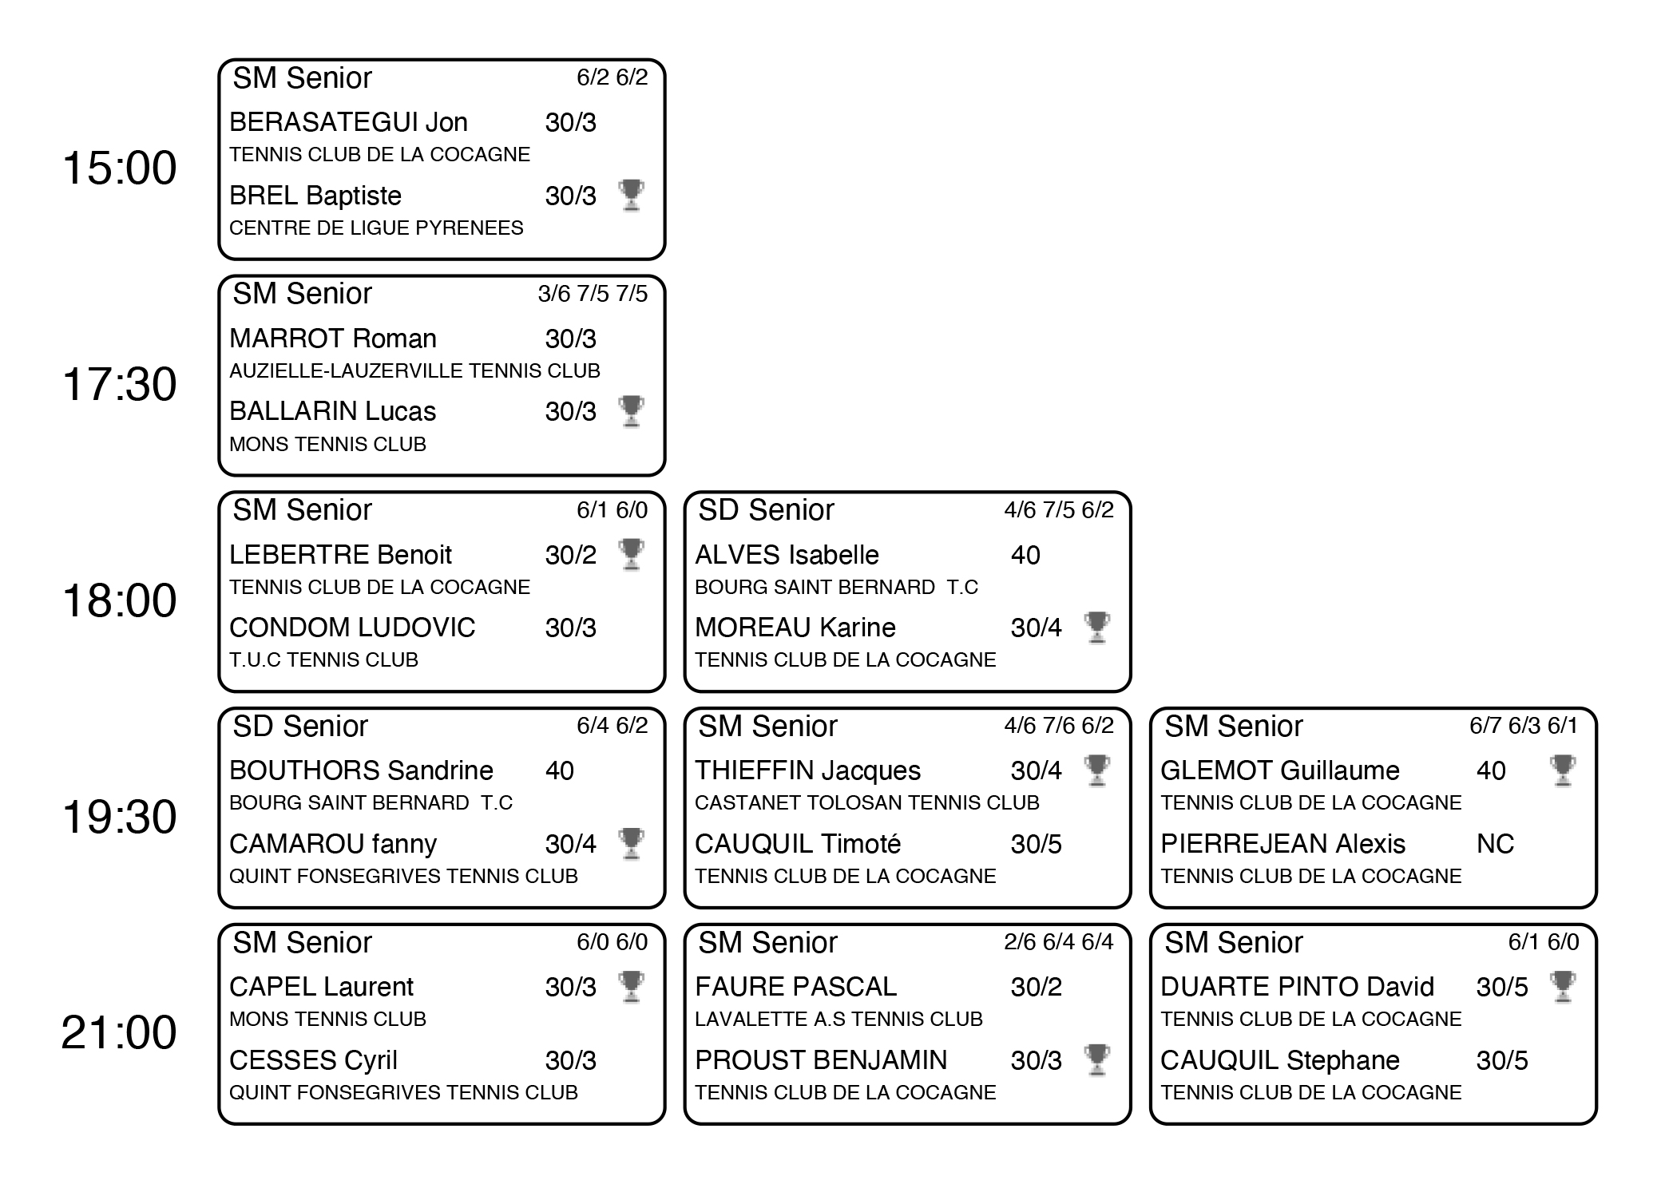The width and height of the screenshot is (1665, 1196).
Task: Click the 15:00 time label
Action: point(119,168)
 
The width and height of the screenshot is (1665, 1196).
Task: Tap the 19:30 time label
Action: point(119,818)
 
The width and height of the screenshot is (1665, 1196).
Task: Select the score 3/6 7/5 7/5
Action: point(593,294)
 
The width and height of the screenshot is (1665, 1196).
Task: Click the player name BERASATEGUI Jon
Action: point(348,122)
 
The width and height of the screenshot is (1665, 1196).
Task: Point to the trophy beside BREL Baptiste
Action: point(631,195)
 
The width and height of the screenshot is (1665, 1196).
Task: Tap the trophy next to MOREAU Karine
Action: point(1096,628)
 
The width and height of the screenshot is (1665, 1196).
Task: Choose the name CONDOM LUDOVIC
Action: point(352,628)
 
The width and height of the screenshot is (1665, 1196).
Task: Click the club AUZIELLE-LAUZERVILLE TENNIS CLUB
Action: point(414,370)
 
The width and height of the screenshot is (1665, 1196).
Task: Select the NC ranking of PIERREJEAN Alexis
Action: point(1495,844)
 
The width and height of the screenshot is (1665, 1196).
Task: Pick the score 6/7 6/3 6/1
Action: point(1524,726)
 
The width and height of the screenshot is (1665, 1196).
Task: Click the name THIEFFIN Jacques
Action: point(807,770)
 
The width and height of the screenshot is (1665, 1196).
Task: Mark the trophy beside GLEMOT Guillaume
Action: point(1563,770)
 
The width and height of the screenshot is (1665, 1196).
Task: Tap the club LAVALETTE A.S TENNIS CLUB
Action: point(838,1019)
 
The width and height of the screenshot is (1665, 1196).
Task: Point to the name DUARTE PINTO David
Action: point(1297,987)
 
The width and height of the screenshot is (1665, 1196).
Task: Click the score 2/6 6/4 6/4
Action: point(1058,942)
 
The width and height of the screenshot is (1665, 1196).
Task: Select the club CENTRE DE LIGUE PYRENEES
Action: point(376,228)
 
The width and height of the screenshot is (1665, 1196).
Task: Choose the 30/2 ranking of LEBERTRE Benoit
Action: point(570,555)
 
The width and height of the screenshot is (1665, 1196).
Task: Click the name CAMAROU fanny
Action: point(333,844)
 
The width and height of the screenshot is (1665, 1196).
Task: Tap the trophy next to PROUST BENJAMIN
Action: point(1096,1059)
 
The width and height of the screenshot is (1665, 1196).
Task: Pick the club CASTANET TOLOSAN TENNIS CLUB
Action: point(866,802)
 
